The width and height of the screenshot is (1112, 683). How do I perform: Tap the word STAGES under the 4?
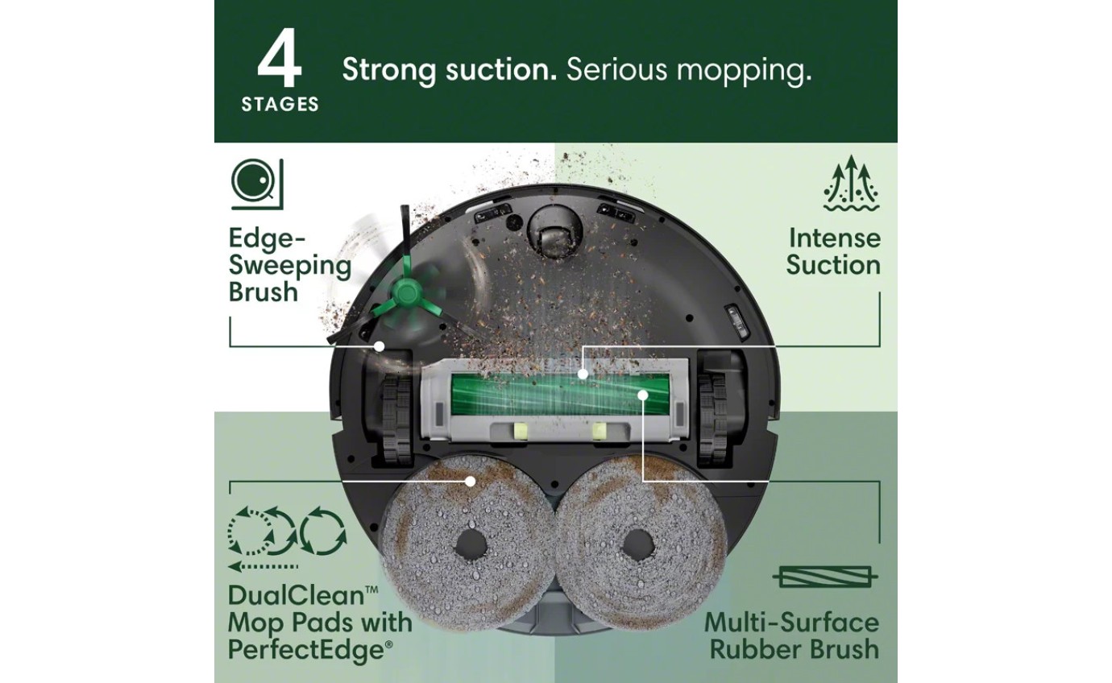[280, 105]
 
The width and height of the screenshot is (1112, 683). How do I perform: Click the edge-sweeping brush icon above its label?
[257, 184]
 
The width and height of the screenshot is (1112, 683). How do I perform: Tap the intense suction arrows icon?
[852, 184]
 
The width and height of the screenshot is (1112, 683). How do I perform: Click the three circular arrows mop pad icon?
[287, 532]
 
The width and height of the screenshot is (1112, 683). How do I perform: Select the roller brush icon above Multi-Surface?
[825, 577]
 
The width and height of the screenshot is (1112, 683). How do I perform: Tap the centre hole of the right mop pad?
[637, 546]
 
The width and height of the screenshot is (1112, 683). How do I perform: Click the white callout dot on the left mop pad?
[471, 481]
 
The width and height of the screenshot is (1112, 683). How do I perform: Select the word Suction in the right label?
[833, 265]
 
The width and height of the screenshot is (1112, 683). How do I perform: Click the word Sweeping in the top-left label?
[290, 265]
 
